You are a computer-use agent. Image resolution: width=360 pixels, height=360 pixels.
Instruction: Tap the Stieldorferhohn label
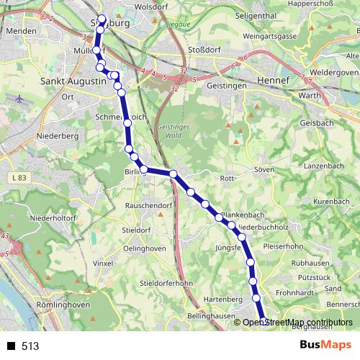(x=167, y=282)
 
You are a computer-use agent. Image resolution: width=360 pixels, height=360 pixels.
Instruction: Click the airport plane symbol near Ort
(x=17, y=96)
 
